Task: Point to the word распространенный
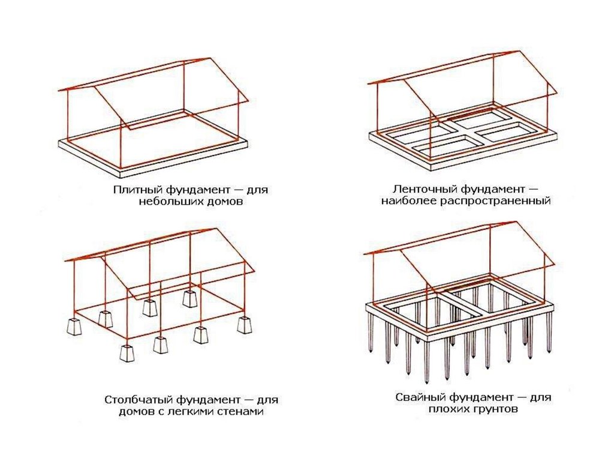(502, 201)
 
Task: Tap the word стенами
(240, 412)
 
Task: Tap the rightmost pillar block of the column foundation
(243, 324)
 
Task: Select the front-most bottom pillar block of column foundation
(128, 352)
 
